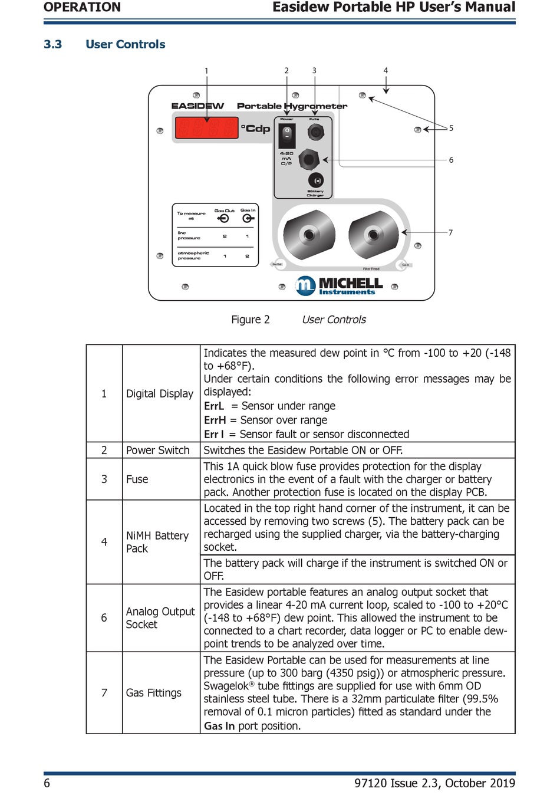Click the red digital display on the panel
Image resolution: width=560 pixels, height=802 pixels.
pos(206,128)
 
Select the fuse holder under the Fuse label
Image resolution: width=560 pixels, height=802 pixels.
pos(315,133)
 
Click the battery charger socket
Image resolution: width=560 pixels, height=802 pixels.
pos(317,180)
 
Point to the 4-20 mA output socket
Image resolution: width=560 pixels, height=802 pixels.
pos(309,159)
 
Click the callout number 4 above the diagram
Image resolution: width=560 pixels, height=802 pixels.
pos(386,71)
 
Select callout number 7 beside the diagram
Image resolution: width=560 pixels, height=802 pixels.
pos(450,233)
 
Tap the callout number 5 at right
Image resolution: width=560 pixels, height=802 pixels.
pos(451,128)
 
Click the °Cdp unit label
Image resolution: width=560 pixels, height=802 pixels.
pos(255,129)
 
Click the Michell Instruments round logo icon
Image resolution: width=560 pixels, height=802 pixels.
pos(306,285)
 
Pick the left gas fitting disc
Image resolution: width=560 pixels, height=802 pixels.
pos(309,235)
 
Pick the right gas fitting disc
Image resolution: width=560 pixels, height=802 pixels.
pos(373,235)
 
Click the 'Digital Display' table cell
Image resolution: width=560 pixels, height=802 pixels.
pos(160,393)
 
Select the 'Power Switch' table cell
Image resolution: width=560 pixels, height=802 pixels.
pos(158,450)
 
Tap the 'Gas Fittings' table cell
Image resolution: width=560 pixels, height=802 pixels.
pos(154,692)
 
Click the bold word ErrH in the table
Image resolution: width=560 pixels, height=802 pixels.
pos(215,420)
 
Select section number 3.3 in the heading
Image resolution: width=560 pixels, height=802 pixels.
pos(52,44)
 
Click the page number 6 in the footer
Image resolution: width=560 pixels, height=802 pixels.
pos(47,783)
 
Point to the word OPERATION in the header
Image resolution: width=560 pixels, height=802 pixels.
pos(82,7)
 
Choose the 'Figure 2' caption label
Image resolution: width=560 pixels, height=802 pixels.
pos(250,320)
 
